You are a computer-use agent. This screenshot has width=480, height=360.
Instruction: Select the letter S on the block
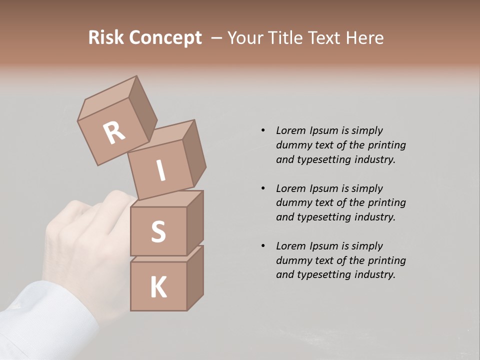pyautogui.click(x=158, y=231)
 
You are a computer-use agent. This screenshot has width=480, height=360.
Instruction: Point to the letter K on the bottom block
pyautogui.click(x=158, y=287)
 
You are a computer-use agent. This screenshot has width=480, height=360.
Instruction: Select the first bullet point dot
pyautogui.click(x=263, y=130)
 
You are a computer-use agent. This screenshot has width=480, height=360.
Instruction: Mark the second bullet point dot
pyautogui.click(x=263, y=188)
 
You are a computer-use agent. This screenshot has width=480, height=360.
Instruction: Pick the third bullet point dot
pyautogui.click(x=263, y=246)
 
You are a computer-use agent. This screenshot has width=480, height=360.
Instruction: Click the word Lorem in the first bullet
pyautogui.click(x=290, y=130)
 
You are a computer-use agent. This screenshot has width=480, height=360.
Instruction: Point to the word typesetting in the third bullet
pyautogui.click(x=324, y=274)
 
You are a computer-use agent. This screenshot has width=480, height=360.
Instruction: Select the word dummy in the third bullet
pyautogui.click(x=292, y=260)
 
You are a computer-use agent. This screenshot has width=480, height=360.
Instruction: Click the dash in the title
pyautogui.click(x=216, y=38)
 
